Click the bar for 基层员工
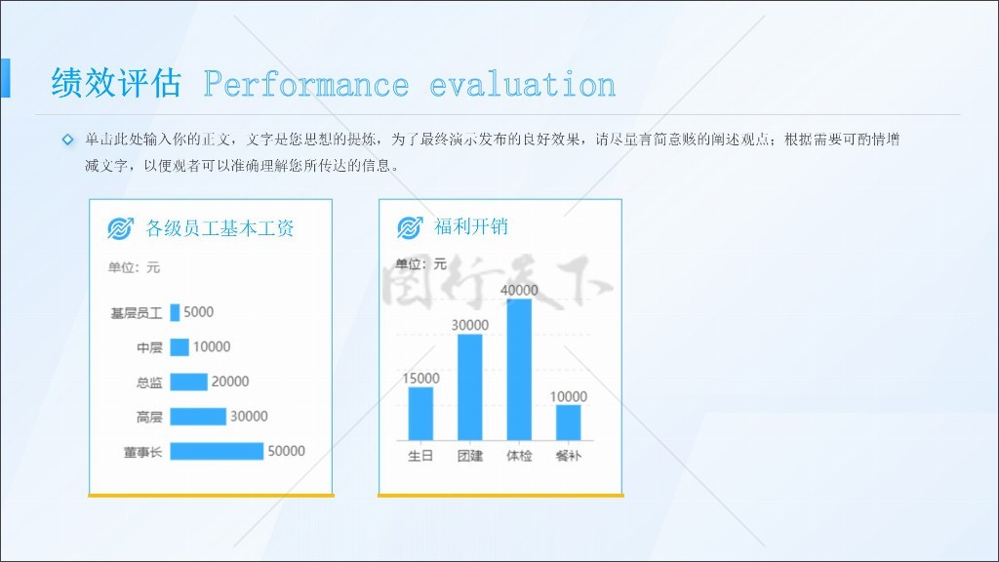[175, 312]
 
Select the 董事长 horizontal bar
[217, 451]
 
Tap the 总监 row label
[149, 382]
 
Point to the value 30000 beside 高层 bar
[249, 416]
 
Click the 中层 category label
[149, 347]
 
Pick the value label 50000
[286, 451]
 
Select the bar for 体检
[519, 370]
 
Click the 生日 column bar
[420, 414]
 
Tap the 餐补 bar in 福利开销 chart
[569, 422]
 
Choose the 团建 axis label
[470, 456]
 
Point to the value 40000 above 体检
[519, 290]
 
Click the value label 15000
[420, 379]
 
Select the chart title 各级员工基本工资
[220, 228]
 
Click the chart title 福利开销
[471, 226]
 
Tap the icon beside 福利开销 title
[410, 226]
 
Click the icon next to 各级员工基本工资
[120, 228]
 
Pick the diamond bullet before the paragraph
[67, 140]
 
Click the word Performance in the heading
[306, 85]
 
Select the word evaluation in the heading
[523, 85]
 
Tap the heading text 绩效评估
[116, 83]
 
